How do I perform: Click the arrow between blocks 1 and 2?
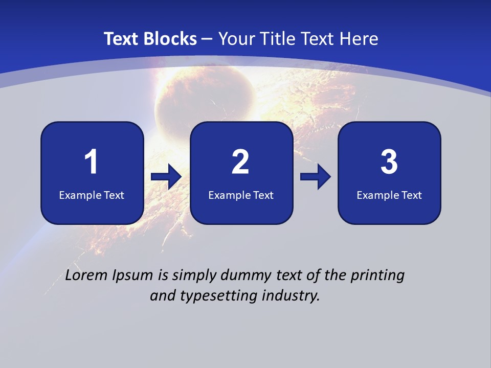(166, 177)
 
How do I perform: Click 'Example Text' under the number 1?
(92, 195)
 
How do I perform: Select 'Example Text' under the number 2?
(241, 195)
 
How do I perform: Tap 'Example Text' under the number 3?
(389, 195)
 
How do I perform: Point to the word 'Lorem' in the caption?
(87, 275)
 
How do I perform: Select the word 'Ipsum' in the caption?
(132, 276)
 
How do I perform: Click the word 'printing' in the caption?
(377, 276)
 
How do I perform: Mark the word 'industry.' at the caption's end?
(292, 295)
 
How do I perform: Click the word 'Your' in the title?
(236, 39)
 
